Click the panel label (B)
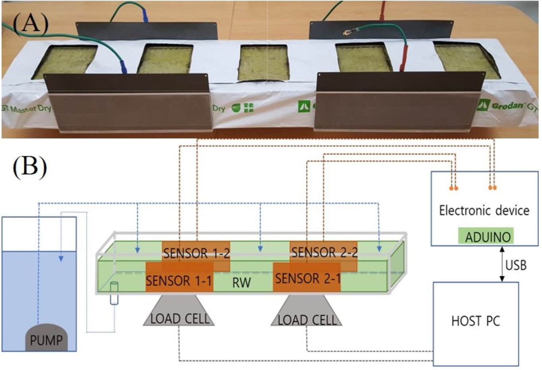click(30, 167)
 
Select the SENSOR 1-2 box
click(196, 253)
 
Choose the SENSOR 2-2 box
click(324, 252)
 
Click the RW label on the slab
click(242, 283)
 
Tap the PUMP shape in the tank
click(46, 340)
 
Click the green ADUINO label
click(487, 237)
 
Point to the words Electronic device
click(484, 210)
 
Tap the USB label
click(516, 265)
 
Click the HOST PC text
click(475, 321)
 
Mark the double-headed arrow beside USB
click(502, 264)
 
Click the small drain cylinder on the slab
click(114, 293)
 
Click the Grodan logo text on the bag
click(507, 106)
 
